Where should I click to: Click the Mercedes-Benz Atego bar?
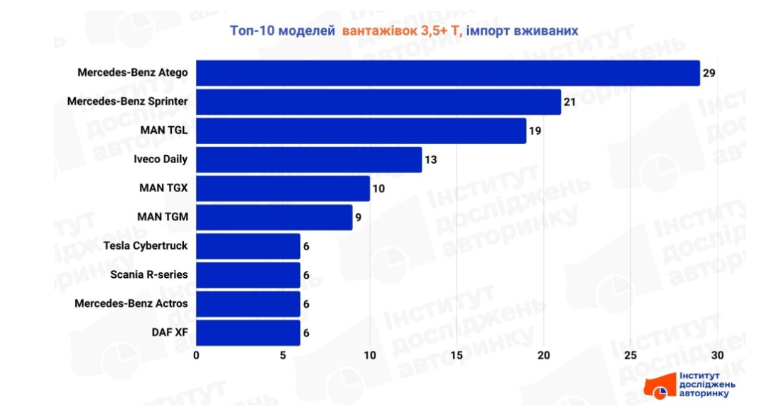point(447,73)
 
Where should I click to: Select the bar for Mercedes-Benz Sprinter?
point(378,102)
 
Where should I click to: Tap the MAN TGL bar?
point(361,131)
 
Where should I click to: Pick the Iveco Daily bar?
point(308,159)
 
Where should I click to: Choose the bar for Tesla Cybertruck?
point(248,246)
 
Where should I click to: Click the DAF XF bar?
point(248,332)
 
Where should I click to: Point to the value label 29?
point(708,73)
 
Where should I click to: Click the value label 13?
point(430,159)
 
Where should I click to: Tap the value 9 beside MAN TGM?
point(359,218)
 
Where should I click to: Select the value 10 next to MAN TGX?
point(378,189)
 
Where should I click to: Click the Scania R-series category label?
point(149,275)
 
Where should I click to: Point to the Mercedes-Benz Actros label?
point(131,303)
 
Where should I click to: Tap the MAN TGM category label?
point(163,218)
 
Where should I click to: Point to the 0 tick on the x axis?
point(197,354)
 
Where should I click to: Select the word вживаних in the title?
point(547,30)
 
